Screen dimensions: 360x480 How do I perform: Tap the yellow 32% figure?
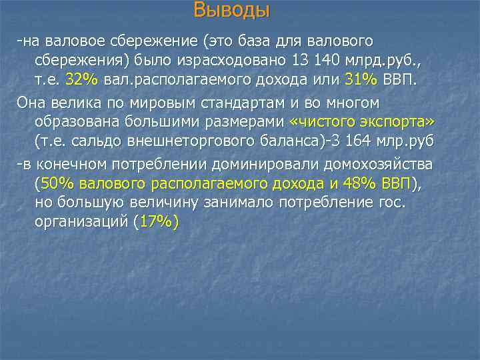(x=82, y=79)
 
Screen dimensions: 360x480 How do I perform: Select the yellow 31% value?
(x=361, y=79)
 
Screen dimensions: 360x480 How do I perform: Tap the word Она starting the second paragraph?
(x=31, y=103)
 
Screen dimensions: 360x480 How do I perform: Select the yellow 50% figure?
(x=55, y=183)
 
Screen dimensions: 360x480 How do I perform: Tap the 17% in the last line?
(x=155, y=223)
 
